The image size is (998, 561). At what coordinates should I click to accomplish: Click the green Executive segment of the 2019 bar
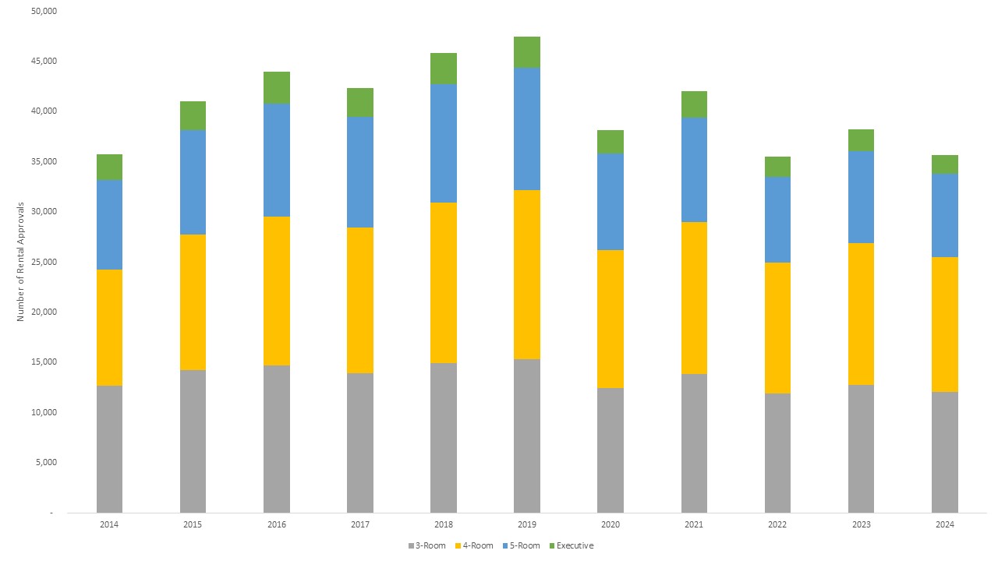click(527, 52)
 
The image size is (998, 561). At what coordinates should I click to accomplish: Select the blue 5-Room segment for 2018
click(444, 143)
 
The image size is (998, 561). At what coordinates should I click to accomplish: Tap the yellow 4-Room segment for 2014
click(109, 327)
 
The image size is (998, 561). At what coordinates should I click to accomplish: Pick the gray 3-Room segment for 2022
click(777, 453)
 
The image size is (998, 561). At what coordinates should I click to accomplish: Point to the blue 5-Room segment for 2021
click(694, 170)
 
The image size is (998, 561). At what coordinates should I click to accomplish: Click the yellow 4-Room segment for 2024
click(945, 324)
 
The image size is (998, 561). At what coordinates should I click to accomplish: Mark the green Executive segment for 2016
click(277, 87)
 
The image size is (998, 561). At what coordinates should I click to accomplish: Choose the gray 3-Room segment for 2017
click(360, 443)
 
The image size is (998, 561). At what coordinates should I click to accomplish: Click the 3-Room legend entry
click(426, 545)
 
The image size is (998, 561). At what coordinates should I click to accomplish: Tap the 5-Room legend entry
click(522, 545)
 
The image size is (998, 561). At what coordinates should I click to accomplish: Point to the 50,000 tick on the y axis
click(45, 11)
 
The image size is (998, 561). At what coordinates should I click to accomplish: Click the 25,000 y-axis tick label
click(45, 262)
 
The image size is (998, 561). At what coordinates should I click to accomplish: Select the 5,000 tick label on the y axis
click(48, 462)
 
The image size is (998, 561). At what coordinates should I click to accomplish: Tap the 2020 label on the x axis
click(610, 525)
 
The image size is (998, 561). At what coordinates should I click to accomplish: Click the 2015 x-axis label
click(193, 525)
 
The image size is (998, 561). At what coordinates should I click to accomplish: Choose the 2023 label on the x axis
click(861, 525)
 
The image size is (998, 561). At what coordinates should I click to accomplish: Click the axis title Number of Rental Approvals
click(20, 262)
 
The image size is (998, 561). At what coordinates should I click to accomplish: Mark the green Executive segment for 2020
click(610, 142)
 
